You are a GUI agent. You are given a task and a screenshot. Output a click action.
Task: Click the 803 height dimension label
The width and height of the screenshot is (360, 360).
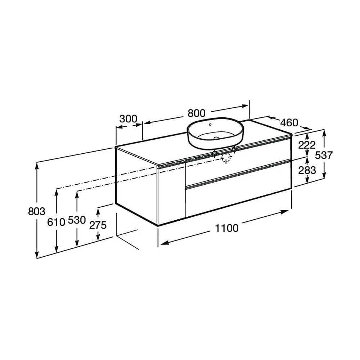36,211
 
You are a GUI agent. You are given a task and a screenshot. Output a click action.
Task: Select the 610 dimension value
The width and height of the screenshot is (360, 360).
56,222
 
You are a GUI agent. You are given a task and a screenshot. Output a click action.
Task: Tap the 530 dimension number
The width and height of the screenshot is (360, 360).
77,220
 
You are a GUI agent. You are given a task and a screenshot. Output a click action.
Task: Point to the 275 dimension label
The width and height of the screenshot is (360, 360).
98,225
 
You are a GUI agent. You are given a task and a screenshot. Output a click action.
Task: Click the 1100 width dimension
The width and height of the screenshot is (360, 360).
227,228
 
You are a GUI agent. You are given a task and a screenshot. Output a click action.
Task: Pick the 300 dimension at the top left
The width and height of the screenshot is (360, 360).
129,119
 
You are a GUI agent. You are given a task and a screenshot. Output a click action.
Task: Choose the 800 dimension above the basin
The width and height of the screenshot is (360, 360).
197,113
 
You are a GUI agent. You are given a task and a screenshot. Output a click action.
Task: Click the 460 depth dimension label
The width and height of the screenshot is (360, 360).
289,123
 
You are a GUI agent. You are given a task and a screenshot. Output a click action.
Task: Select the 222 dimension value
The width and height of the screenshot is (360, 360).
307,145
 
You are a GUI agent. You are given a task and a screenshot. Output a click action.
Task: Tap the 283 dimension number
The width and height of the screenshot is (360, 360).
307,170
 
